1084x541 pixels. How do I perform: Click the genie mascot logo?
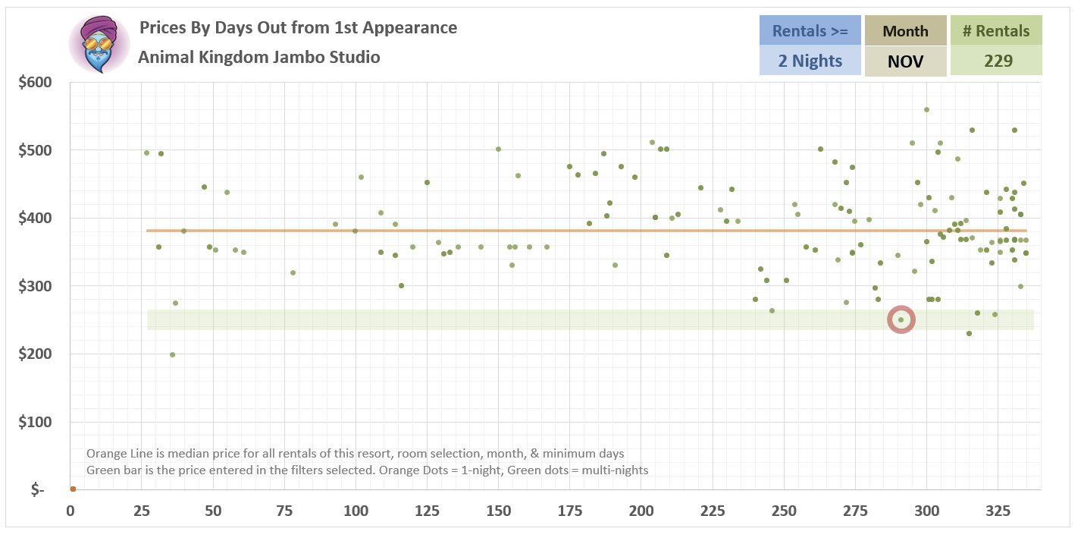99,44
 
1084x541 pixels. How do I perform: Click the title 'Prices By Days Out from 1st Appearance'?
298,28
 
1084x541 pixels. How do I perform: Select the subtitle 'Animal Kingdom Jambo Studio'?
259,57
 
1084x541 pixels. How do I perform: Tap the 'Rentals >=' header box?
810,31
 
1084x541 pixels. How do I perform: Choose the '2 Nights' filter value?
810,61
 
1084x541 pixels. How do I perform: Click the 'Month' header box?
905,31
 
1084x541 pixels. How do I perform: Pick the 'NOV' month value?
905,61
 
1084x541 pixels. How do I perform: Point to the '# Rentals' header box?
996,31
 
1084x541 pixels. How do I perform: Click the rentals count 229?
996,61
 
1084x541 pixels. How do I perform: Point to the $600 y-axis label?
35,82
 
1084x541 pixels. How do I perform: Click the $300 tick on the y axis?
35,286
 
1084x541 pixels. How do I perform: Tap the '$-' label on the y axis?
37,490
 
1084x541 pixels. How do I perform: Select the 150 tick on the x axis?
498,511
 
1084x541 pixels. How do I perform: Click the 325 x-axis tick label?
998,511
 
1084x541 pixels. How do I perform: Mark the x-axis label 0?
70,511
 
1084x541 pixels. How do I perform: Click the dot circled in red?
901,319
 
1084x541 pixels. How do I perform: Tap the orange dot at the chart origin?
73,489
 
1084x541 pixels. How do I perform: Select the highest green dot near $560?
926,109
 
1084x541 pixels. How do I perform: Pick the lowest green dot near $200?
172,354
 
